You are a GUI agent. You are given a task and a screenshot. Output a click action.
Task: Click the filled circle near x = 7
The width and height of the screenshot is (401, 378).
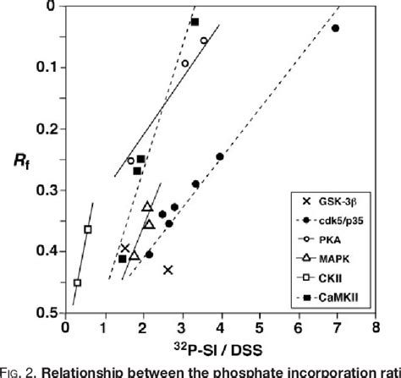335,28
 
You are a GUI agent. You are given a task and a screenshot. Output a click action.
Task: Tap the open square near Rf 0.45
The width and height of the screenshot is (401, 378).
78,282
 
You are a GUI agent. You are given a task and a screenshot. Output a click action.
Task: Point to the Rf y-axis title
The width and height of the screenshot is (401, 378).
29,159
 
